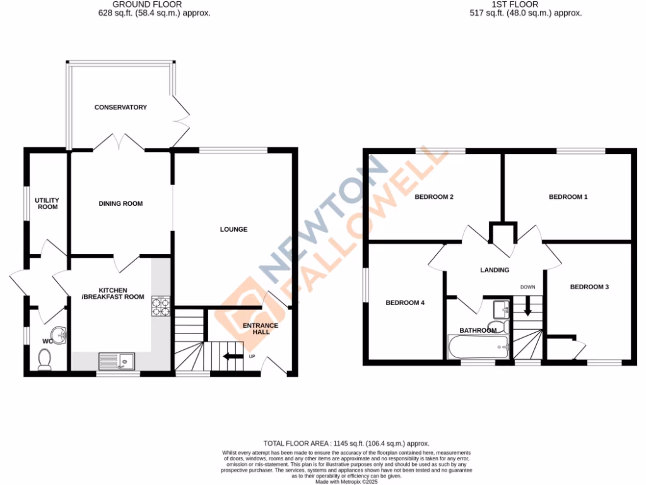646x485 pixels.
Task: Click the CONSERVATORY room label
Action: pyautogui.click(x=120, y=107)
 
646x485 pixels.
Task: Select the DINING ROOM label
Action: pyautogui.click(x=120, y=203)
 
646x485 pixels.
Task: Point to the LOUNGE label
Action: pyautogui.click(x=233, y=229)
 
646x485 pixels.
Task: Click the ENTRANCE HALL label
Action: pyautogui.click(x=261, y=328)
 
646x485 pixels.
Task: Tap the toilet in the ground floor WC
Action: pyautogui.click(x=45, y=359)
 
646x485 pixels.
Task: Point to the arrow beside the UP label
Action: pyautogui.click(x=232, y=357)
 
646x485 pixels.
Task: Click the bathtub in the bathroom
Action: pyautogui.click(x=478, y=346)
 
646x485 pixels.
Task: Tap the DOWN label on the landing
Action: pyautogui.click(x=527, y=287)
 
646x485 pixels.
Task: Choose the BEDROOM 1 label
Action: pyautogui.click(x=568, y=197)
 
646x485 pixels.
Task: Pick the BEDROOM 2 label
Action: pyautogui.click(x=434, y=197)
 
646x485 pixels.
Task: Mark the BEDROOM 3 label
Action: pyautogui.click(x=589, y=287)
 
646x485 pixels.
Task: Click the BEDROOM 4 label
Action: pyautogui.click(x=405, y=302)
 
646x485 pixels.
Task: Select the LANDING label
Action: pyautogui.click(x=495, y=270)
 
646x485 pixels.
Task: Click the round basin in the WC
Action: pyautogui.click(x=58, y=335)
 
